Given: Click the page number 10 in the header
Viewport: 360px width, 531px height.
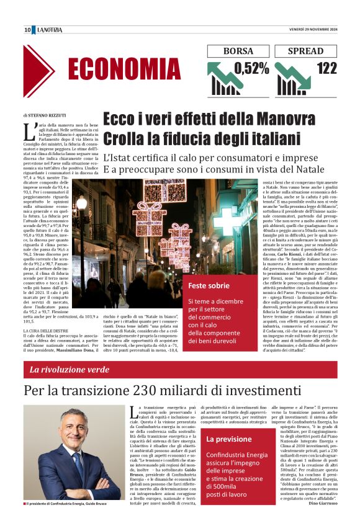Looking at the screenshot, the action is click(x=28, y=30).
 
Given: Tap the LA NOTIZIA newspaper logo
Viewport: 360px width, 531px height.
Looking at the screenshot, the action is click(x=48, y=30).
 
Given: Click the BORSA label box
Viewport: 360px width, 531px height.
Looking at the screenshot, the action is click(x=238, y=51).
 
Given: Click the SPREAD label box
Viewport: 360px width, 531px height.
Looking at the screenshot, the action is click(x=306, y=51).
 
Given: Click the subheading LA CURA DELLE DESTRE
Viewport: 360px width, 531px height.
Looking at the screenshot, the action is click(x=46, y=331).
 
